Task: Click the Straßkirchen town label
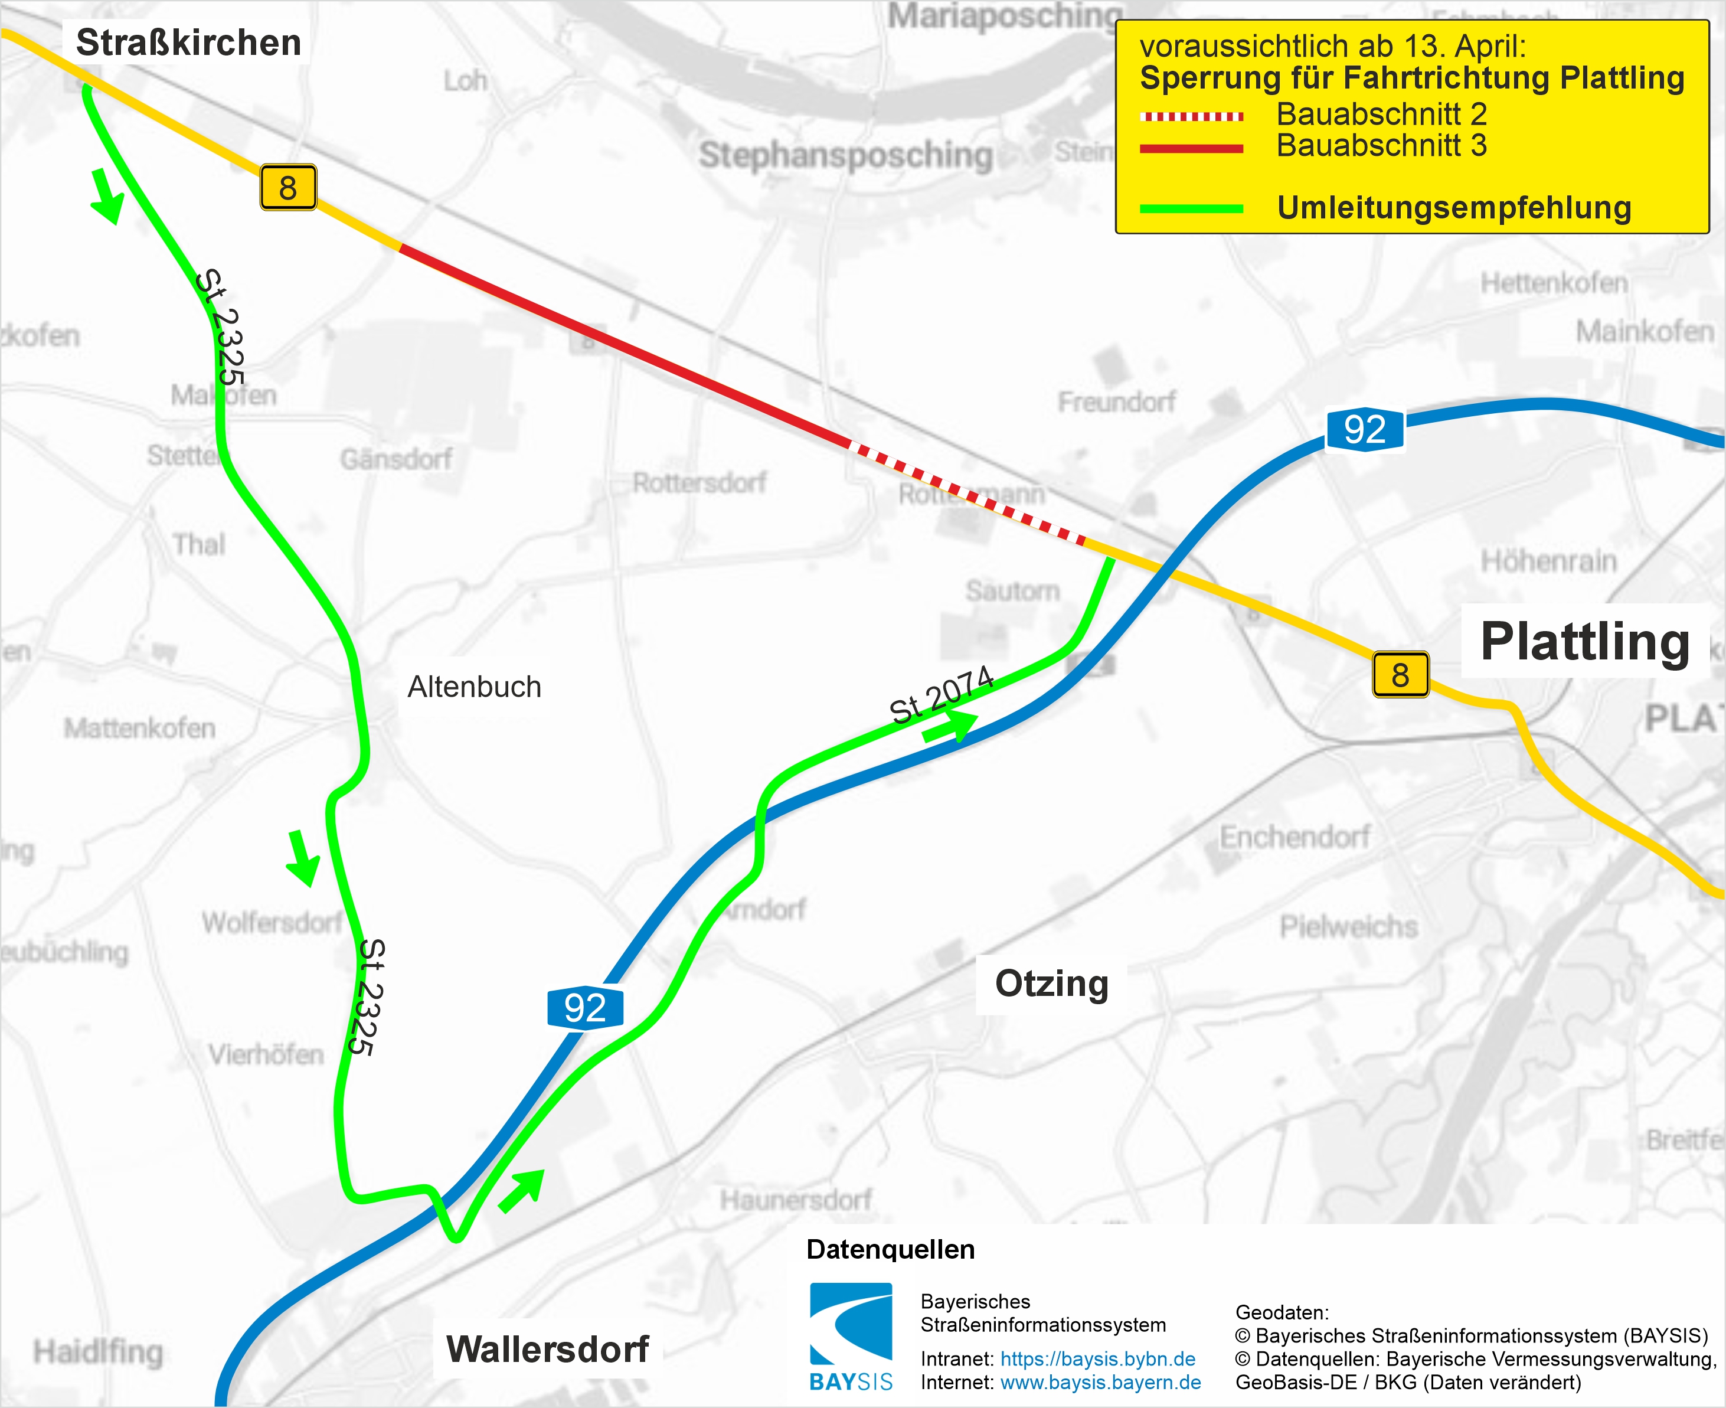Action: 188,42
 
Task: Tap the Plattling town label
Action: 1584,642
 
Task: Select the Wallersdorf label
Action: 547,1349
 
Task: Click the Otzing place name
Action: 1051,983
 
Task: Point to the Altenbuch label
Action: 473,687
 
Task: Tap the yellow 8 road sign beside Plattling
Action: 1400,675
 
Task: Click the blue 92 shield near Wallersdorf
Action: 585,1008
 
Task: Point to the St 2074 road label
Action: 942,694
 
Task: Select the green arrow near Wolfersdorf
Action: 303,857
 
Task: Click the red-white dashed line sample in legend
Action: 1191,116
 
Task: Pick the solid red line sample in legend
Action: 1191,148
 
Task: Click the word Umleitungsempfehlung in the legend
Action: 1453,208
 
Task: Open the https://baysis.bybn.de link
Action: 1097,1358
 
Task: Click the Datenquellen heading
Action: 890,1249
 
